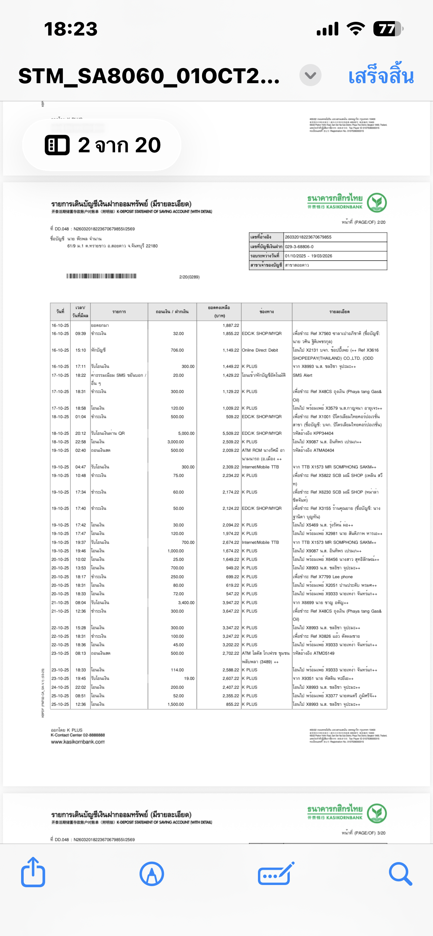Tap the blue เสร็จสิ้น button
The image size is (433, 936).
coord(381,76)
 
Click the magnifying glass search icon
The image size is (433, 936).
coord(400,874)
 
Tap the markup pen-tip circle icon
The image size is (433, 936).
coord(152,874)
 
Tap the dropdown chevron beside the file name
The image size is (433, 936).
coord(310,75)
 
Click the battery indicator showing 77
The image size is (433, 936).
coord(387,29)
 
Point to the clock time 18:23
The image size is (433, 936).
coord(71,29)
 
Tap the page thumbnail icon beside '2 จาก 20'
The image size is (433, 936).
coord(57,145)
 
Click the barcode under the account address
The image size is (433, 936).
coord(101,276)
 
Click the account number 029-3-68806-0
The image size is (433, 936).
coord(299,247)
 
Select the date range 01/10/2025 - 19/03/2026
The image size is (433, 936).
coord(308,256)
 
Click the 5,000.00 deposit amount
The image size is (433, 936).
coord(186,433)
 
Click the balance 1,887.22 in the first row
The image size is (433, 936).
coord(231,325)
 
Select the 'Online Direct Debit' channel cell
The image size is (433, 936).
coord(260,350)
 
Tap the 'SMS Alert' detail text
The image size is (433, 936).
coord(302,375)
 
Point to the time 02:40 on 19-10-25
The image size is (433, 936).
coord(80,450)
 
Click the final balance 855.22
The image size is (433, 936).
coord(232,704)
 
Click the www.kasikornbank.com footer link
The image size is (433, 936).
coord(78,742)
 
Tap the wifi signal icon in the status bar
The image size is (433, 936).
coord(356,29)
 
